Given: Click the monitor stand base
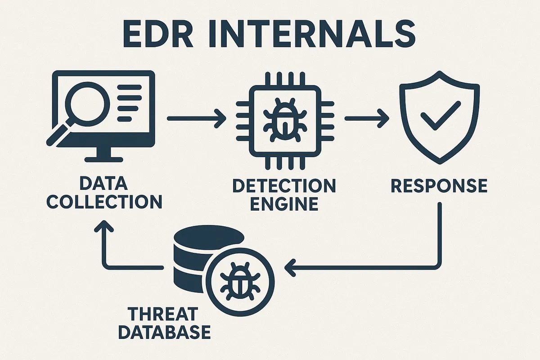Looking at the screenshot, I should tap(103, 158).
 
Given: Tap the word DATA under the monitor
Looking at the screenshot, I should tap(103, 184).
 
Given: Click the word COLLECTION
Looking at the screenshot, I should tap(104, 202).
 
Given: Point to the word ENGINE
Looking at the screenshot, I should tap(284, 204).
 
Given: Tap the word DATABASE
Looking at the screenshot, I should tap(167, 332).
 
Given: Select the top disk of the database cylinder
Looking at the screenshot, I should tap(208, 237).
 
